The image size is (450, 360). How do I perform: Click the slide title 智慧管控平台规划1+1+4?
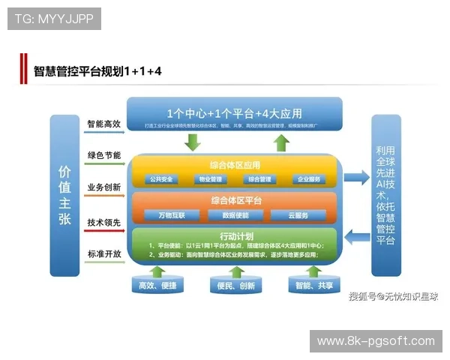pyautogui.click(x=97, y=72)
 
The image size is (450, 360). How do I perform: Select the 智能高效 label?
pyautogui.click(x=103, y=124)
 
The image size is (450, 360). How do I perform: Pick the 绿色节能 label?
pyautogui.click(x=103, y=155)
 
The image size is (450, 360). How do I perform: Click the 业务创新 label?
pyautogui.click(x=103, y=187)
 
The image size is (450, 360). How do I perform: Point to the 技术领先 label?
pyautogui.click(x=103, y=223)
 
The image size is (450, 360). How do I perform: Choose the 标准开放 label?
pyautogui.click(x=103, y=253)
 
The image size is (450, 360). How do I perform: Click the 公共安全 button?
pyautogui.click(x=160, y=180)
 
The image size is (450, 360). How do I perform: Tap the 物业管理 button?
pyautogui.click(x=210, y=180)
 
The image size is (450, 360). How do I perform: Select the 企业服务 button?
pyautogui.click(x=308, y=180)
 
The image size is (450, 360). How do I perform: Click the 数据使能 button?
pyautogui.click(x=234, y=215)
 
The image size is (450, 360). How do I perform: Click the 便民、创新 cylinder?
pyautogui.click(x=234, y=286)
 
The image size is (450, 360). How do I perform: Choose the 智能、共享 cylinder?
pyautogui.click(x=313, y=286)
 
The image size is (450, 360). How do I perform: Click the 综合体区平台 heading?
pyautogui.click(x=235, y=200)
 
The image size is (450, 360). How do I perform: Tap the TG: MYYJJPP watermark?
pyautogui.click(x=54, y=18)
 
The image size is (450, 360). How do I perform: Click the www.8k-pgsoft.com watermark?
pyautogui.click(x=375, y=341)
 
